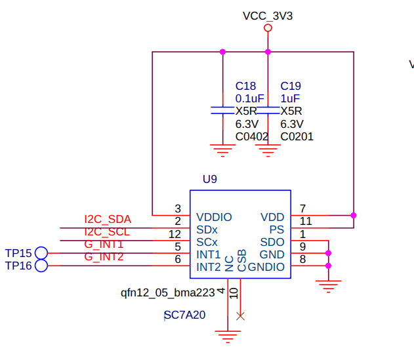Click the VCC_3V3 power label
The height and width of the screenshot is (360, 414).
[x=268, y=16]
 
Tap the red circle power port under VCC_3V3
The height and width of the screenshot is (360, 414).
[x=268, y=28]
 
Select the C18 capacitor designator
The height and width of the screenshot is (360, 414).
[x=245, y=86]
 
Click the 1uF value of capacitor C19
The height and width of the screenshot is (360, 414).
[x=290, y=98]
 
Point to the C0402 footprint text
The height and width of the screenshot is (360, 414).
[x=252, y=136]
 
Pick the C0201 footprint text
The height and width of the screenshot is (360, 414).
[x=297, y=136]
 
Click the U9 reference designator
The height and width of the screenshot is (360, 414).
[x=210, y=179]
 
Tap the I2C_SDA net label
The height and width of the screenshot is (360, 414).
[x=108, y=219]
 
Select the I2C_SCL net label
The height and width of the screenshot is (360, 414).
[x=107, y=232]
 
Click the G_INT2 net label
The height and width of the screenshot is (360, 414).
[x=104, y=257]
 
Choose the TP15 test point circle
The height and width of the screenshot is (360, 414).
[x=41, y=253]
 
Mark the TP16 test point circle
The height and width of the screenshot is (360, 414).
[x=41, y=266]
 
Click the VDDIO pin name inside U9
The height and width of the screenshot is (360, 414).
[x=214, y=217]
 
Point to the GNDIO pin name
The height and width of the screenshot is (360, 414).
[x=266, y=267]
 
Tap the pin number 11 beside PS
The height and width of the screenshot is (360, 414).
[x=306, y=221]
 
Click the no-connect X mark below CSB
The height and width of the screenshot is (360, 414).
[x=240, y=316]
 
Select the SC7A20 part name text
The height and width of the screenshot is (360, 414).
[x=184, y=315]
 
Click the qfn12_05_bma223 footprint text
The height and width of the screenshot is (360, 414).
[x=168, y=293]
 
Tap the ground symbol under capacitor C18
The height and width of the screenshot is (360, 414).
[x=223, y=151]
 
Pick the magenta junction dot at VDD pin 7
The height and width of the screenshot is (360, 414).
[x=354, y=215]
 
